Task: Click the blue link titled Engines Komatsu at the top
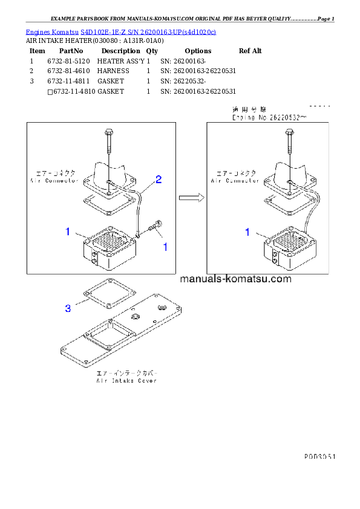pos(121,31)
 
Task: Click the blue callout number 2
pos(158,179)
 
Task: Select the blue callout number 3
pos(68,308)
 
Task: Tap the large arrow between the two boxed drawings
pos(191,196)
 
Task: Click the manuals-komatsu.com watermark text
pos(235,279)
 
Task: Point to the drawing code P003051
pos(319,457)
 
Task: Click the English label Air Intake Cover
pos(126,381)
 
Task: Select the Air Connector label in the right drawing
pos(235,181)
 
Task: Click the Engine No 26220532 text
pos(270,118)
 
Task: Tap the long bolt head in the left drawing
pos(108,132)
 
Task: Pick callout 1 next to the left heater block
pos(68,232)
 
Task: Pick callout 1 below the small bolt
pos(165,247)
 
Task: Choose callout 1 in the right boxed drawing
pos(247,232)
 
